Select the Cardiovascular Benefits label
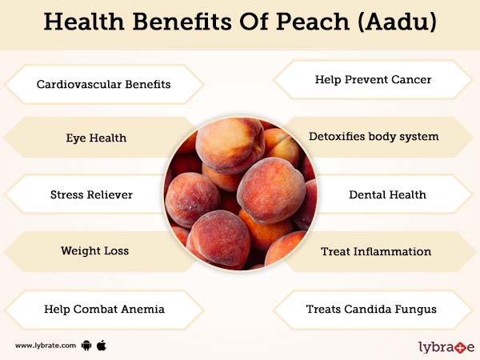pyautogui.click(x=103, y=83)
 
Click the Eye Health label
pyautogui.click(x=96, y=138)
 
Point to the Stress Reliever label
pyautogui.click(x=91, y=194)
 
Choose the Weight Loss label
pyautogui.click(x=94, y=250)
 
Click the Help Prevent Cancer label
pyautogui.click(x=374, y=80)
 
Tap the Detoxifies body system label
pyautogui.click(x=373, y=137)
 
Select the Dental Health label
pyautogui.click(x=387, y=194)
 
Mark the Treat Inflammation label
pyautogui.click(x=376, y=251)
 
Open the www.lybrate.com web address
pyautogui.click(x=45, y=346)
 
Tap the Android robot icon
pyautogui.click(x=86, y=346)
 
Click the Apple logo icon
pyautogui.click(x=102, y=345)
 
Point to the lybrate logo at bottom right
pyautogui.click(x=446, y=346)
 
